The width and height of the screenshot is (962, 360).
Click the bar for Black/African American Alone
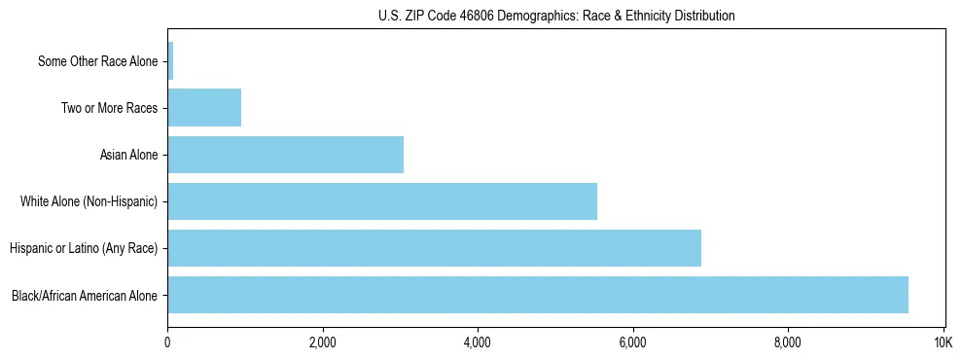pos(538,295)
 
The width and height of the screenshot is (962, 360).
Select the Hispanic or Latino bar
pos(434,248)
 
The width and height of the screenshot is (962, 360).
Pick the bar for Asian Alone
pos(285,155)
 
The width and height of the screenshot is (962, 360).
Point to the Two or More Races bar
pos(204,108)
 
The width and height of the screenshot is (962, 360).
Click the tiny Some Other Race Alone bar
pos(170,61)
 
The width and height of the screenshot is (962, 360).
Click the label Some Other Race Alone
pos(97,61)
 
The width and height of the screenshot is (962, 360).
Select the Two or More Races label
pos(109,108)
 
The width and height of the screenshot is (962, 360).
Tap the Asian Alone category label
pos(128,155)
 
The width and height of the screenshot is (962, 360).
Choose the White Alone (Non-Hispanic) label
pos(89,201)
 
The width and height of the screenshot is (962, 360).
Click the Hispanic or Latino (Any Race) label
pos(83,248)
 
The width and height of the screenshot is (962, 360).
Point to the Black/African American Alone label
pos(84,295)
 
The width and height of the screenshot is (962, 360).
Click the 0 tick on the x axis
pos(168,342)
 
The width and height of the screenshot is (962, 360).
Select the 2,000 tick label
pos(322,342)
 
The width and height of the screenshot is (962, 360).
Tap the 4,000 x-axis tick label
pos(478,342)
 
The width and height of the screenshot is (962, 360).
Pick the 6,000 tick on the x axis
pos(632,342)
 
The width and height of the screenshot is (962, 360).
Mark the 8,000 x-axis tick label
pos(787,342)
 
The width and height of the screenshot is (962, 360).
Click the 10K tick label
pos(943,342)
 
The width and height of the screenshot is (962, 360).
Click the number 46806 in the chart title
pos(489,17)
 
